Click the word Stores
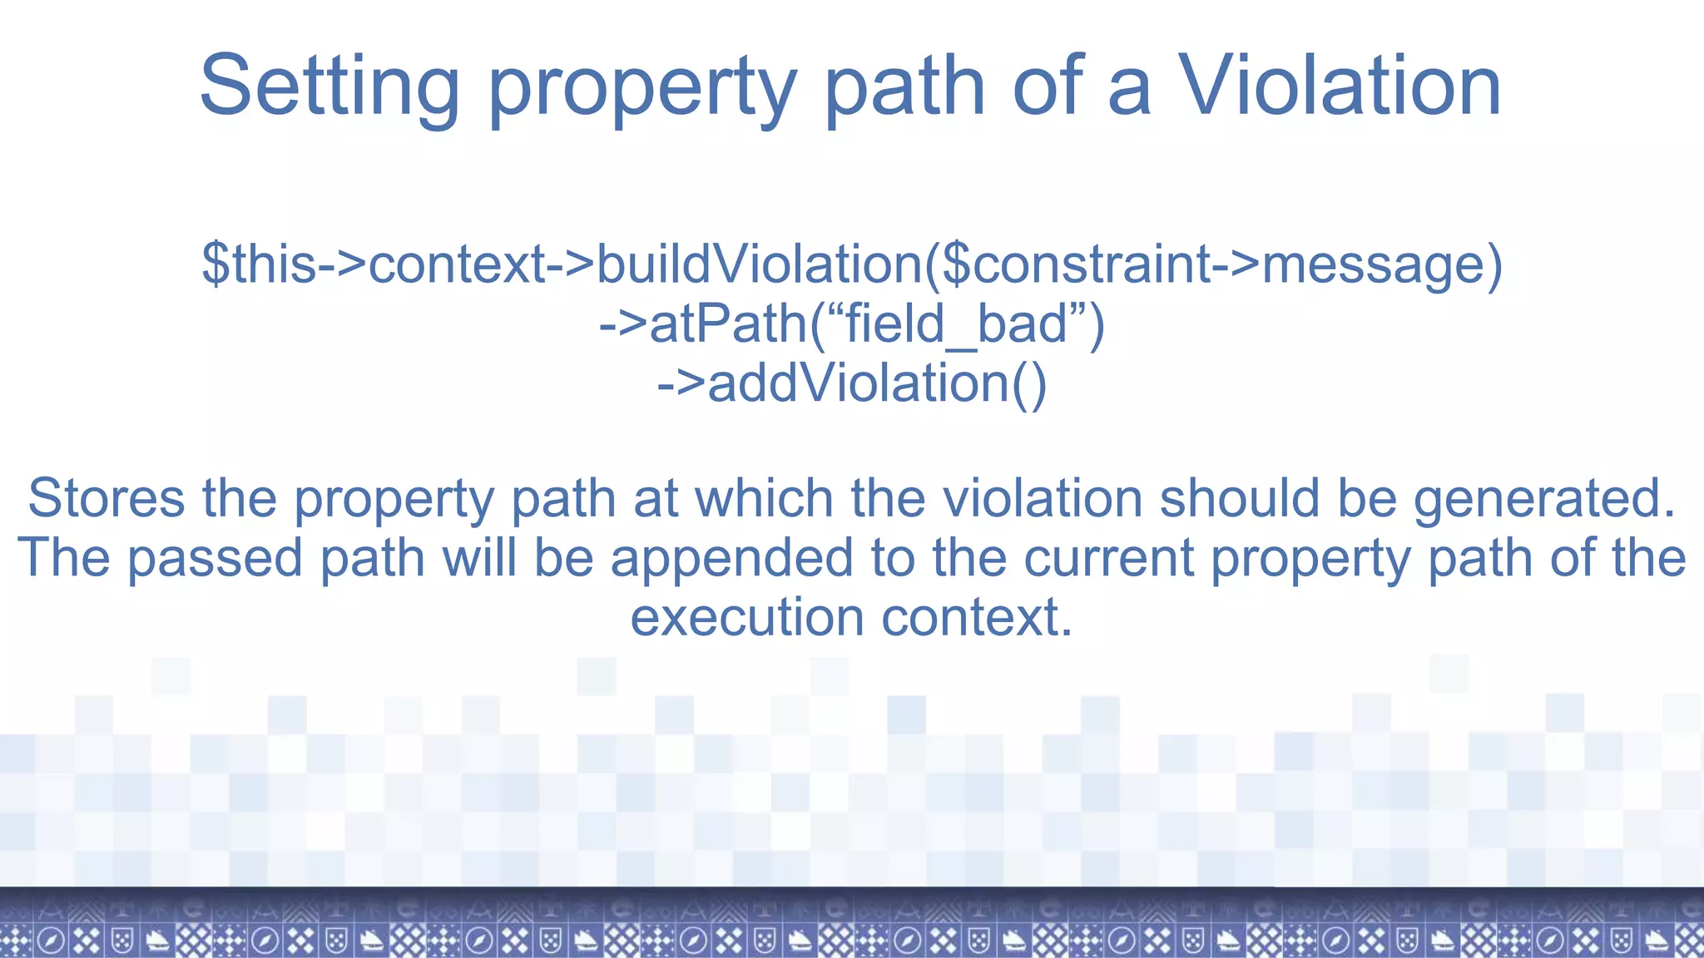[106, 498]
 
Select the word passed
[215, 557]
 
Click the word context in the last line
[977, 617]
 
